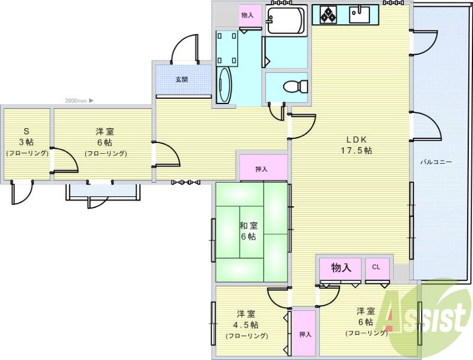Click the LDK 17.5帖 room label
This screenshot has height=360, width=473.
click(x=359, y=145)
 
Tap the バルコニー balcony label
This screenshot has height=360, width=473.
click(x=436, y=161)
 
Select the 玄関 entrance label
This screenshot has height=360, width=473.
click(x=182, y=79)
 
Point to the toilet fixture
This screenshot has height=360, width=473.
click(x=295, y=86)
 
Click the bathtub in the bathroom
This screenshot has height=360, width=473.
click(x=285, y=21)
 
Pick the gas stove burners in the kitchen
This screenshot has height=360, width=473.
click(x=329, y=14)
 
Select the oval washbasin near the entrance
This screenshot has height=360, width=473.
click(x=225, y=85)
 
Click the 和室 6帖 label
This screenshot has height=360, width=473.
click(x=248, y=231)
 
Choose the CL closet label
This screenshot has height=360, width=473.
click(x=376, y=267)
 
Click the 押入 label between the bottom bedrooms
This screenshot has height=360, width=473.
click(x=305, y=335)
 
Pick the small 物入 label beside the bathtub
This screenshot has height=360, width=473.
click(x=247, y=15)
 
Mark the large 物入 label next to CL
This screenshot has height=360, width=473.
click(x=341, y=268)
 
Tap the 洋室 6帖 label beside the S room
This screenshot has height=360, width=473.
click(x=105, y=142)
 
